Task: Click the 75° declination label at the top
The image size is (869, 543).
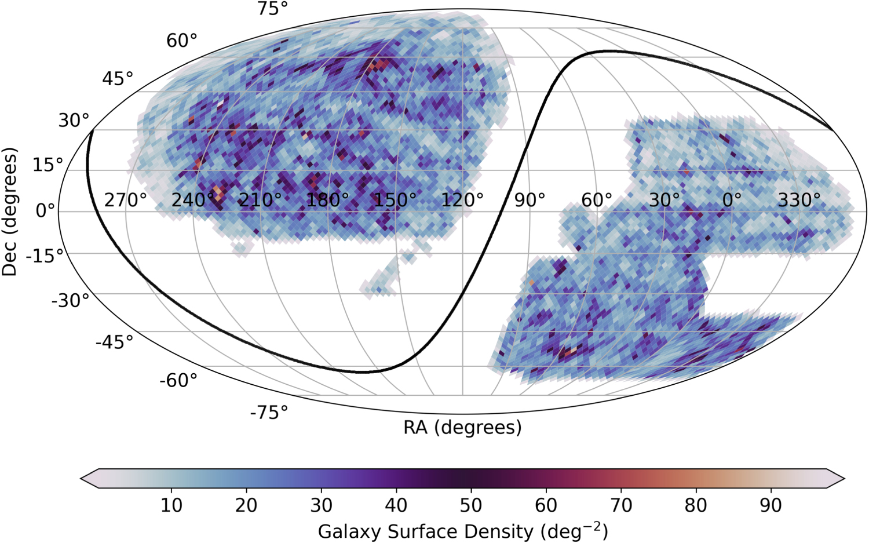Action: coord(273,9)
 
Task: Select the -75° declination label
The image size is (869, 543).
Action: coord(269,413)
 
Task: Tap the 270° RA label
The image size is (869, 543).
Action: coord(125,201)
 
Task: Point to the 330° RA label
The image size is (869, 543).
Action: coord(799,201)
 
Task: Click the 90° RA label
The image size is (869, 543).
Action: coord(530,201)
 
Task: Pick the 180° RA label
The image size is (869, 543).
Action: coord(327,201)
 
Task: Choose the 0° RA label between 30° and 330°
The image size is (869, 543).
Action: coord(732,201)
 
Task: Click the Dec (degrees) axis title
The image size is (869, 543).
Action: coord(10,212)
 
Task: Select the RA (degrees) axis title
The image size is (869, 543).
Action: coord(462,428)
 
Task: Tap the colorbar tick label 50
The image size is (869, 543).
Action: coord(470,506)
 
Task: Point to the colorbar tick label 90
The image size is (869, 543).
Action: coord(771,506)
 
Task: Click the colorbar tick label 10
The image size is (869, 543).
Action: coord(171,506)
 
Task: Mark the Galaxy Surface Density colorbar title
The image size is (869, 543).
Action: coord(462,531)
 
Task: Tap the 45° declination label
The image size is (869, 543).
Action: coord(118,79)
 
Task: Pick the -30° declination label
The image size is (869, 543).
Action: coord(71,301)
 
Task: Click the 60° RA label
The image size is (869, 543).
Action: coord(597,201)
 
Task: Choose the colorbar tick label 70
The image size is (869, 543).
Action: coord(620,506)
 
